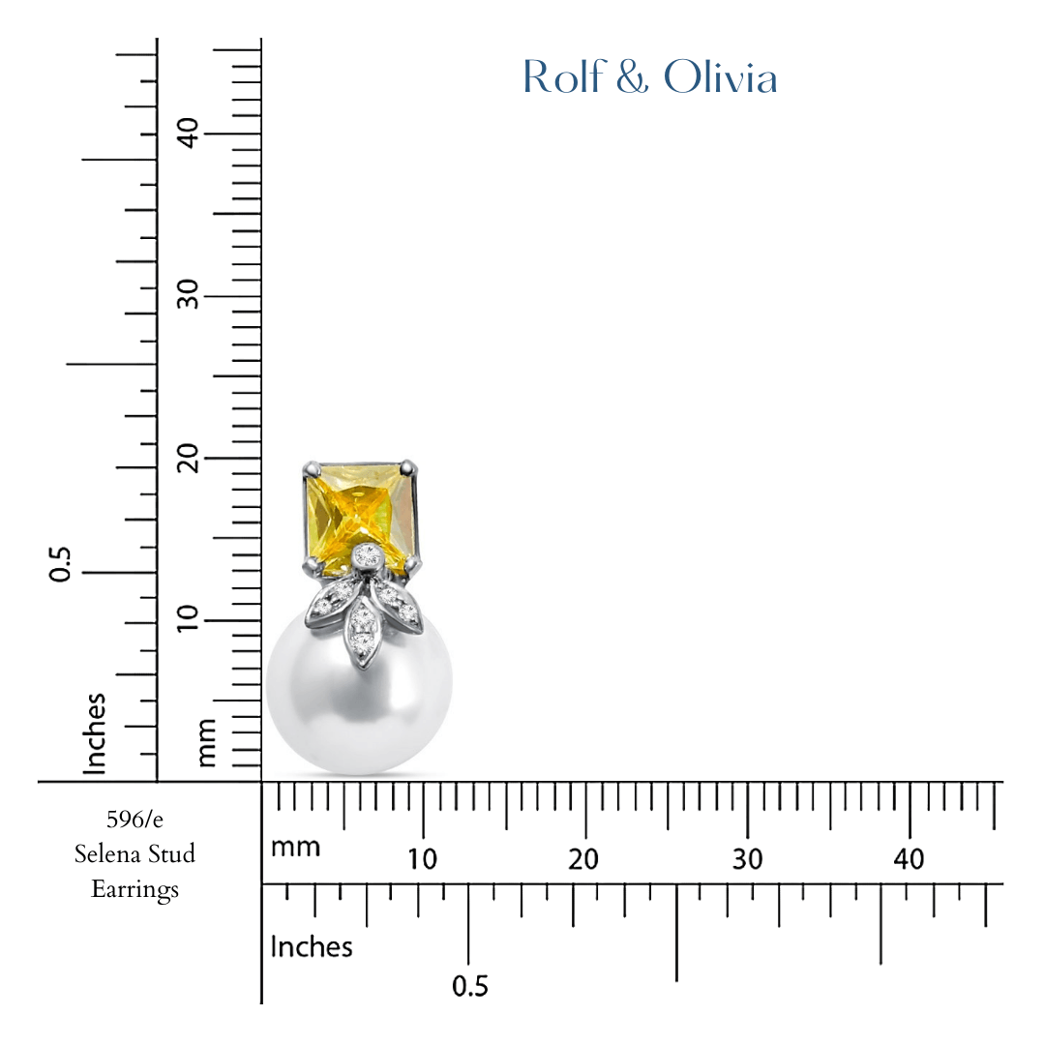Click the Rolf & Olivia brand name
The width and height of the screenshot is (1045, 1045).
tap(649, 78)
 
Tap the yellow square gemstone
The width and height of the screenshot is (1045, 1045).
tap(362, 513)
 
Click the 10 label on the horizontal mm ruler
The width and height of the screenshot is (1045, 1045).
tap(422, 859)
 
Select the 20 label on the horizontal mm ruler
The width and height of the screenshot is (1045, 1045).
tap(584, 859)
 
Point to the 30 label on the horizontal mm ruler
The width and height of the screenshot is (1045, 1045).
tap(747, 859)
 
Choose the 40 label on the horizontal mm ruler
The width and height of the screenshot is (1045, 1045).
tap(910, 859)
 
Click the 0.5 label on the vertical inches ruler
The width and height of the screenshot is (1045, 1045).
tap(61, 564)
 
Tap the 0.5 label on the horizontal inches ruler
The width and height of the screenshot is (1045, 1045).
tap(470, 987)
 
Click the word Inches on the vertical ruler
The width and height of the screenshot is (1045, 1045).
tap(94, 732)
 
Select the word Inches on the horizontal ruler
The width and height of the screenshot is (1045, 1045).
tap(312, 946)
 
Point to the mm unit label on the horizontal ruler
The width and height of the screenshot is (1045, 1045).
tap(295, 849)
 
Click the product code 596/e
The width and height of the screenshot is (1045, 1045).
tap(134, 820)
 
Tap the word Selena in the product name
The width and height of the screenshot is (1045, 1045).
tap(105, 854)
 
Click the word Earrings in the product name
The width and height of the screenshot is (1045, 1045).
tap(134, 889)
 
